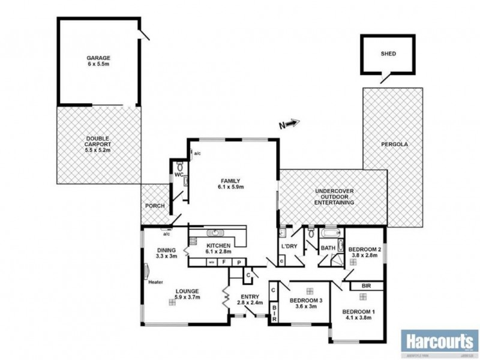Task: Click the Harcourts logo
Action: [x=439, y=343]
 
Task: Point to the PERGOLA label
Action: [x=393, y=145]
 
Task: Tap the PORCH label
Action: [x=155, y=206]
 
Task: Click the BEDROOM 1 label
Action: [x=357, y=311]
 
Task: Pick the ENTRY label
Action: [x=249, y=296]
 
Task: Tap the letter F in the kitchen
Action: [x=223, y=262]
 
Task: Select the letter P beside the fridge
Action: [x=239, y=262]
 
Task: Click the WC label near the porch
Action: [x=178, y=175]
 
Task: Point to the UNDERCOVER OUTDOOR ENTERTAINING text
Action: [x=334, y=197]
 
